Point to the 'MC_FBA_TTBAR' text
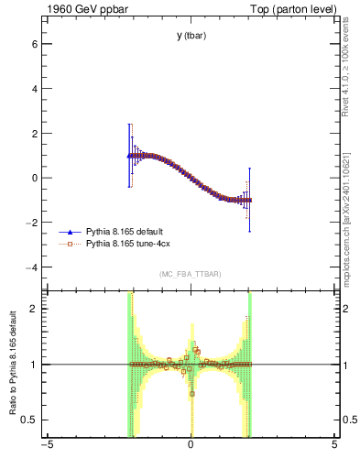pos(191,275)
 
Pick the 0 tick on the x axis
pos(191,446)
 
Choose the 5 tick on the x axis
pos(334,446)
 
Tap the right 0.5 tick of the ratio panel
pos(349,420)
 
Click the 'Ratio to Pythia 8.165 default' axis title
pos(11,365)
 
